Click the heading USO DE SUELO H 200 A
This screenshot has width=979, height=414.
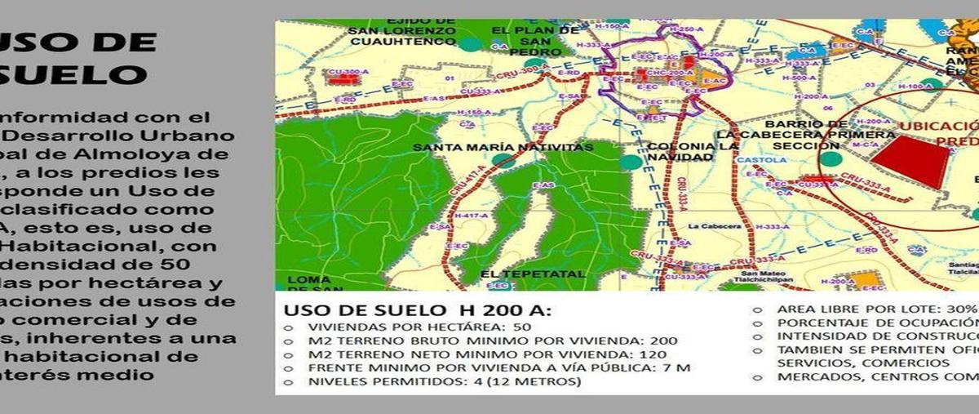tap(417, 311)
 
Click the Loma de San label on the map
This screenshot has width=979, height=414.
tap(309, 283)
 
